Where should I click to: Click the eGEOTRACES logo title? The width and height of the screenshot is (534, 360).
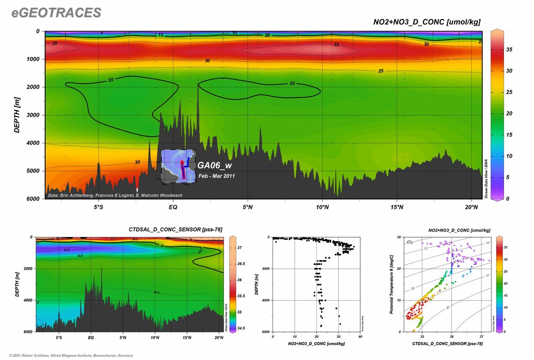(56, 13)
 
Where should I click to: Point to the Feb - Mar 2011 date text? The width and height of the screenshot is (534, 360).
(216, 176)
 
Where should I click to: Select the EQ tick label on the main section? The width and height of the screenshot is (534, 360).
(173, 207)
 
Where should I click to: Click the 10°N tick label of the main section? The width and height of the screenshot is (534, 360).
(322, 207)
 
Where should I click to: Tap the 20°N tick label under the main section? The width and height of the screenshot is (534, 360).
(471, 207)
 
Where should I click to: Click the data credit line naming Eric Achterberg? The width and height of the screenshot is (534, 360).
(115, 195)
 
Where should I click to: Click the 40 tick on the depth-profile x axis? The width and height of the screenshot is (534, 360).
(360, 337)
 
